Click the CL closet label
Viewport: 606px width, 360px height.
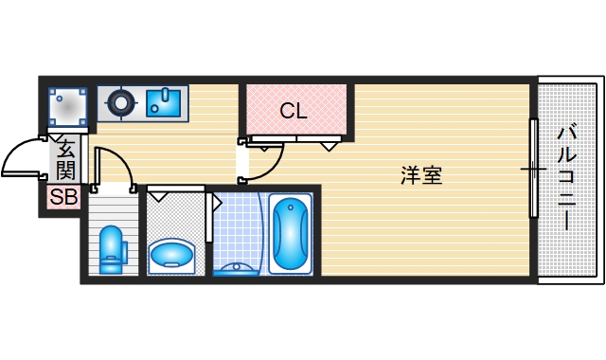tap(294, 111)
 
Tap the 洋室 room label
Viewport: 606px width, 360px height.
tap(421, 175)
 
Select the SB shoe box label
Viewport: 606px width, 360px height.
tap(63, 198)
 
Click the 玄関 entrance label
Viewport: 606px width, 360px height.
tap(65, 159)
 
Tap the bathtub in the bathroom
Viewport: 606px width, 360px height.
tap(290, 233)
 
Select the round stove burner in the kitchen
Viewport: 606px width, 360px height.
tap(122, 101)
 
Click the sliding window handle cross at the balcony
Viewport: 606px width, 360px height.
tap(533, 171)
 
